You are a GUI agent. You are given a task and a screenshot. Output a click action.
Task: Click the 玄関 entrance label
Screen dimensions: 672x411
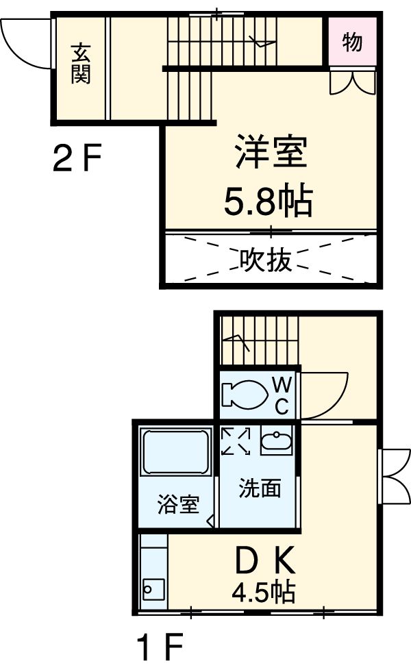click(80, 63)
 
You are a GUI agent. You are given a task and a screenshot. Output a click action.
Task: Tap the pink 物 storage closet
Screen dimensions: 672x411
click(351, 42)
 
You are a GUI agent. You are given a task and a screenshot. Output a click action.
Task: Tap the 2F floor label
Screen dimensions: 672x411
click(77, 160)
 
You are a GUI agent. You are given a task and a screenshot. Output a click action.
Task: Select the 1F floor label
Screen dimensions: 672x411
click(159, 646)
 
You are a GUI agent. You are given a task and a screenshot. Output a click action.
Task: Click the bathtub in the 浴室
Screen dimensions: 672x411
click(175, 451)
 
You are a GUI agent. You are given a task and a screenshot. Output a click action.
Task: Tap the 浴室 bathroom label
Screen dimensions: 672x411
click(178, 505)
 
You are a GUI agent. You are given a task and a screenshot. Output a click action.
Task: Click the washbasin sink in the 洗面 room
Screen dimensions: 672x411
click(276, 441)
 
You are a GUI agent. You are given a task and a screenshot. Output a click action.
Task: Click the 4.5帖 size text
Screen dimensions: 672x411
click(263, 590)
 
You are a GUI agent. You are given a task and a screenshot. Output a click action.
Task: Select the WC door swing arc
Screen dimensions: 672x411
click(325, 396)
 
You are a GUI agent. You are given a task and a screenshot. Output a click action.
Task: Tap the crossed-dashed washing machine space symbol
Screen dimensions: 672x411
click(236, 441)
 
